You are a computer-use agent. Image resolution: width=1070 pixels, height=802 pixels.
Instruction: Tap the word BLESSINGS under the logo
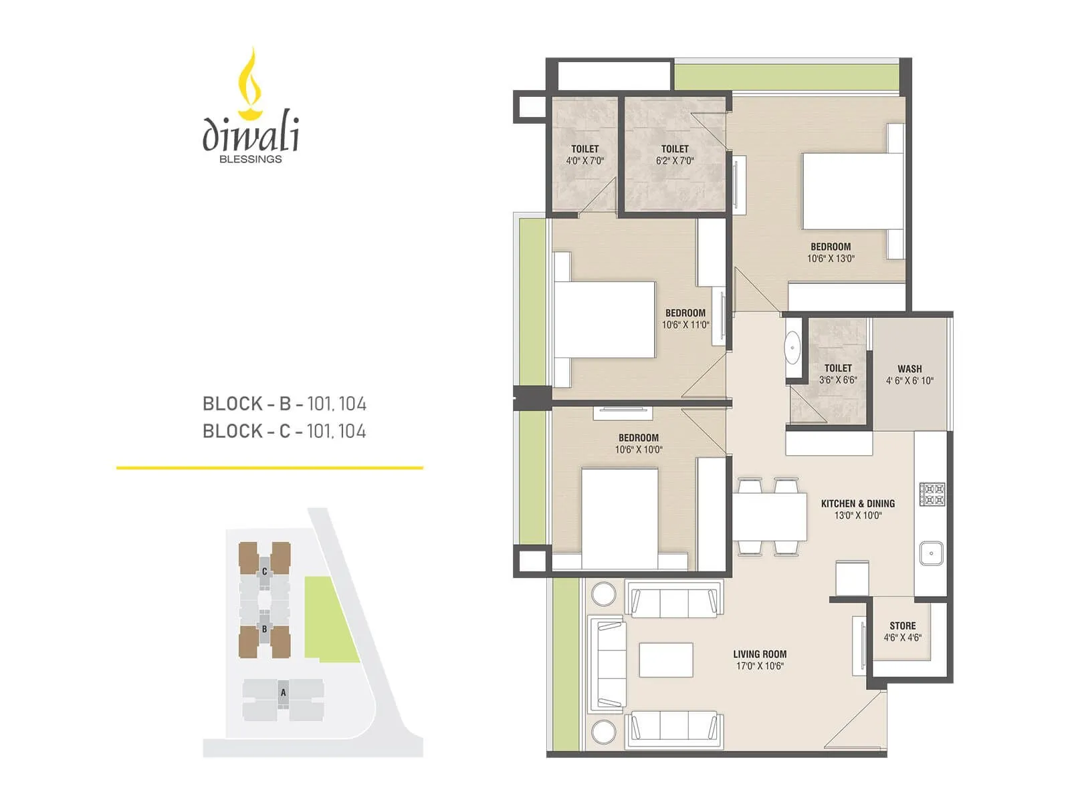[251, 159]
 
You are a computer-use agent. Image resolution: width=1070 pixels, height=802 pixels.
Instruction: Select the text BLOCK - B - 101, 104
[284, 404]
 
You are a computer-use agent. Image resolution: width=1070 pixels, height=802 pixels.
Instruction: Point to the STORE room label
[902, 626]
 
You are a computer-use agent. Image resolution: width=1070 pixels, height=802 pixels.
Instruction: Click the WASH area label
[909, 369]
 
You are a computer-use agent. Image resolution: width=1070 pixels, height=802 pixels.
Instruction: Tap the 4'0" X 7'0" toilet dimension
[584, 161]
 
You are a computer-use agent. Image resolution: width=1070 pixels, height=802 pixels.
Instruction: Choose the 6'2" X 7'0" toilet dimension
[675, 161]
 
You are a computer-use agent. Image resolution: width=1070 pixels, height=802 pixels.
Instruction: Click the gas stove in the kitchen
[932, 494]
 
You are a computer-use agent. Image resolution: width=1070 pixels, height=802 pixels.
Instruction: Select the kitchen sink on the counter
[930, 553]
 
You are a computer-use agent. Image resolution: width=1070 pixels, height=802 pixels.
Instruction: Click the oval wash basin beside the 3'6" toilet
[793, 348]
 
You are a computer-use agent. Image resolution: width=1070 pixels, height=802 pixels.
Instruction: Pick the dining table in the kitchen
[770, 517]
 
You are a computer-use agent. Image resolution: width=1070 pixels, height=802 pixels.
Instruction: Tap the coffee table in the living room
[665, 660]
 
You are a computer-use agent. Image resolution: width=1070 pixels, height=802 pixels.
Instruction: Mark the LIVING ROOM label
[760, 654]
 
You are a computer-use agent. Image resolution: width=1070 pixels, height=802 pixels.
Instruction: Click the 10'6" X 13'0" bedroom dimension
[831, 259]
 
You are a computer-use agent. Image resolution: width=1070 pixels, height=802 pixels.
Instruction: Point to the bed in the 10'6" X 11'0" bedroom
[604, 319]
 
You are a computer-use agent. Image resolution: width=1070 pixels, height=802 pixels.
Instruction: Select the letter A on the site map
[283, 693]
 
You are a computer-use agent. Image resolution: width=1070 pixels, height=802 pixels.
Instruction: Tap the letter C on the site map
[265, 571]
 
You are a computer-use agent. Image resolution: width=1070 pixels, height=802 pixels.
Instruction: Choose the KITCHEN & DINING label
[857, 503]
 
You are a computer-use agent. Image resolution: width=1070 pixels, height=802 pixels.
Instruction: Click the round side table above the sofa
[603, 594]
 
